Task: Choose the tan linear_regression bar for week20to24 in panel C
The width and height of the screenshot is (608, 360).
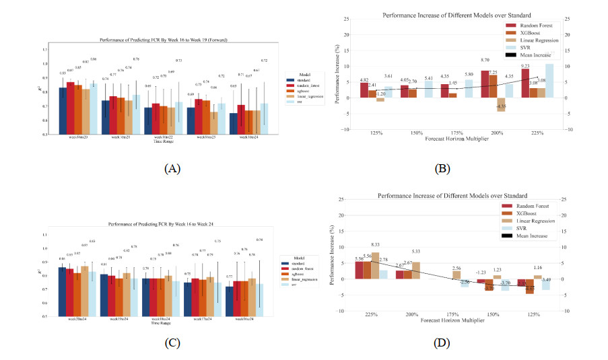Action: [85, 295]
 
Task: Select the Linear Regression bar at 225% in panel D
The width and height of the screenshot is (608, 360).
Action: [376, 265]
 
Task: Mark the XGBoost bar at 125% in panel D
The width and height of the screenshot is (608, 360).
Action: [530, 287]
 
